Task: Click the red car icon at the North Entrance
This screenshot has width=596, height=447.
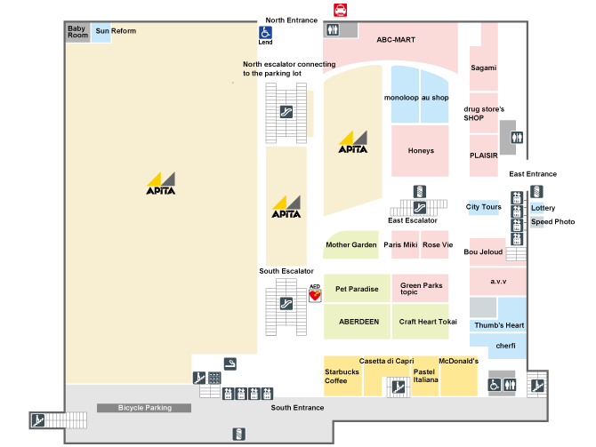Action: tap(340, 11)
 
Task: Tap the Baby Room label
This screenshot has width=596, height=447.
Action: tap(78, 32)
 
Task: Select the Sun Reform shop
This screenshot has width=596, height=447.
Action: tap(116, 31)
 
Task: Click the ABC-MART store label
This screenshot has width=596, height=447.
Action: tap(396, 40)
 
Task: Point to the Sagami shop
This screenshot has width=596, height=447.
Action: tap(484, 68)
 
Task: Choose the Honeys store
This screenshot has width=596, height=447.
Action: tap(421, 150)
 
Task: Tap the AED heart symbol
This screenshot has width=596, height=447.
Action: tap(314, 292)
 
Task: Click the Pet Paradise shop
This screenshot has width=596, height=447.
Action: tap(357, 289)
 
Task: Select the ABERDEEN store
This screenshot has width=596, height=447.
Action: tap(357, 322)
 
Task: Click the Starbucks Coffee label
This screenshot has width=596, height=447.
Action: tap(341, 376)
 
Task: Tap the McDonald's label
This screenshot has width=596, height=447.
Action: tap(459, 361)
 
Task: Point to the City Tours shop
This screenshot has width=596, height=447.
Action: tap(484, 207)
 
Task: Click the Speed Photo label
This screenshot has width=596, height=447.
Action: tap(552, 221)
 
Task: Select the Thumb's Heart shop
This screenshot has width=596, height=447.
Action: tap(498, 325)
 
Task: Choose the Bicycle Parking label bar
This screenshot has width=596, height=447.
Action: tap(144, 408)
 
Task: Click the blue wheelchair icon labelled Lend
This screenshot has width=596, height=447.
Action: tap(265, 33)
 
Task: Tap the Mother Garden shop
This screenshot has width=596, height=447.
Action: tap(351, 244)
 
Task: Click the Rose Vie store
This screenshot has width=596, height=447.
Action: tap(437, 244)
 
